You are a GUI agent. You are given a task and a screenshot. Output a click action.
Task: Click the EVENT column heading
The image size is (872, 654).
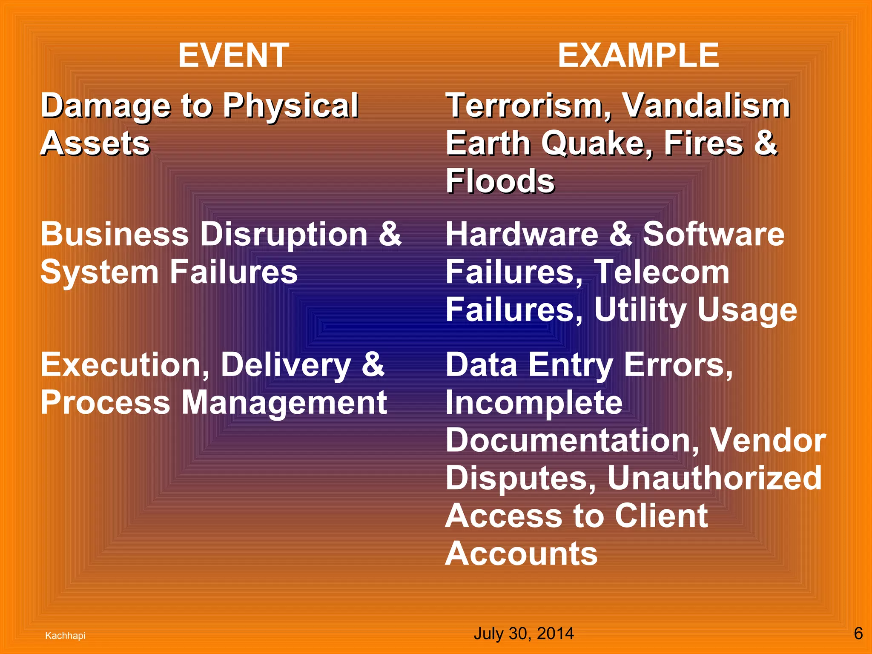click(x=234, y=55)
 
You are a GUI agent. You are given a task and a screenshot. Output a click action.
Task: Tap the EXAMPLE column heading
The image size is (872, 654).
click(x=638, y=55)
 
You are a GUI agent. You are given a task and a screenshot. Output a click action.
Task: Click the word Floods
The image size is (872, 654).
click(x=500, y=181)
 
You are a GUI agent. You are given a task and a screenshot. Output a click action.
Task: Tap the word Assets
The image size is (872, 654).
click(x=95, y=143)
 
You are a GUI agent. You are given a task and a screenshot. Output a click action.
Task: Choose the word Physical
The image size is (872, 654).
click(x=291, y=106)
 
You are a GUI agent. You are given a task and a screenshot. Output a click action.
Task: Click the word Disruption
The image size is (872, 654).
click(x=284, y=235)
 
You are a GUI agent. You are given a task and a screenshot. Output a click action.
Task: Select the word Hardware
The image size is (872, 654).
click(x=522, y=235)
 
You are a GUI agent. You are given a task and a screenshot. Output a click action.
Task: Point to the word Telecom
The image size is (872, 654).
click(x=662, y=272)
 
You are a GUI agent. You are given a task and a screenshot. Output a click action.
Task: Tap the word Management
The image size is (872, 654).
click(x=284, y=403)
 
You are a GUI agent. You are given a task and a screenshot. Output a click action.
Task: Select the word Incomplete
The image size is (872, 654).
click(x=534, y=403)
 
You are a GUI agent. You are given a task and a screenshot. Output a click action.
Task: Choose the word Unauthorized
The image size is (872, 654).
click(x=714, y=478)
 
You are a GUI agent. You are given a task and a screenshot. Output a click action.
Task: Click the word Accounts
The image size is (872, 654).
click(x=522, y=554)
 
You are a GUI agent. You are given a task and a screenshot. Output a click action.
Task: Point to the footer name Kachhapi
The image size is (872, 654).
click(x=65, y=636)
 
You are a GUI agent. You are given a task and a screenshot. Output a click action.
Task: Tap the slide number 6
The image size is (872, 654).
click(x=858, y=634)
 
